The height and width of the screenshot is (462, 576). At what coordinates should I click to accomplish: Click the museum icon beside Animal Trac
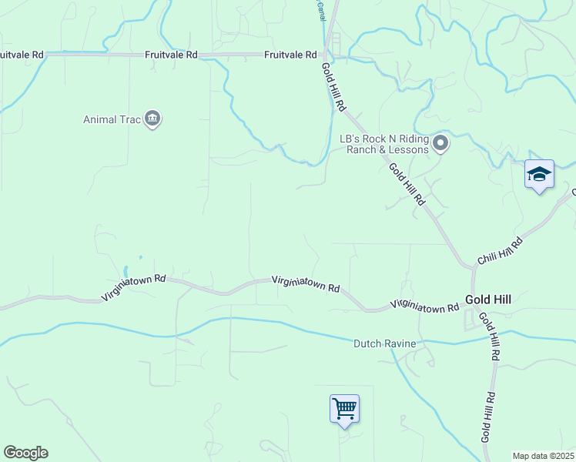click(x=152, y=119)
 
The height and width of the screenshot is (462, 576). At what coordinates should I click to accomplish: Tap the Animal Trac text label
click(x=112, y=119)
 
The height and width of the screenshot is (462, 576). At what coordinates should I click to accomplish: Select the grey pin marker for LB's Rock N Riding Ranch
click(x=440, y=143)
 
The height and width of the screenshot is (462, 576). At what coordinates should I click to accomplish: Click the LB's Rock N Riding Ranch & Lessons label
click(x=384, y=144)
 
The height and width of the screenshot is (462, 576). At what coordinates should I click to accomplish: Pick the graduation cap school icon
click(x=539, y=174)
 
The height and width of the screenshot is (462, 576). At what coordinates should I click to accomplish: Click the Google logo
click(x=25, y=453)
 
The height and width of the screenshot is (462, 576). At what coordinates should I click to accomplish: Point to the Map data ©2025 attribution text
click(x=544, y=456)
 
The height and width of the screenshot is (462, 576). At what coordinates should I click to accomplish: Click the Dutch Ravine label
click(x=384, y=343)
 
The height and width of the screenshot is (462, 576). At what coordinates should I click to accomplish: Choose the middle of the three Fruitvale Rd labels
click(x=172, y=55)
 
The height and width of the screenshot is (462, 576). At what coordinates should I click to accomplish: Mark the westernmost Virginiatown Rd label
click(x=133, y=287)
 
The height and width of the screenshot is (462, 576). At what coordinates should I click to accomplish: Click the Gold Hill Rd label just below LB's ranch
click(x=407, y=184)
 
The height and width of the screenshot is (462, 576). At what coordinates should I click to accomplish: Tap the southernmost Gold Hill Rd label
click(x=487, y=416)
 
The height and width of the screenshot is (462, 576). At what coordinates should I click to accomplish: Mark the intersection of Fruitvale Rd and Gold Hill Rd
click(x=328, y=55)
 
